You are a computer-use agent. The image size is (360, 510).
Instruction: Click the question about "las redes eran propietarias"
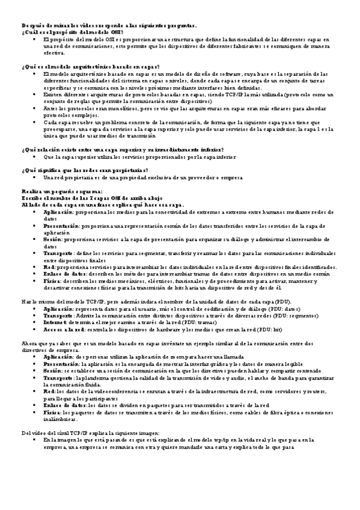(76, 170)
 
